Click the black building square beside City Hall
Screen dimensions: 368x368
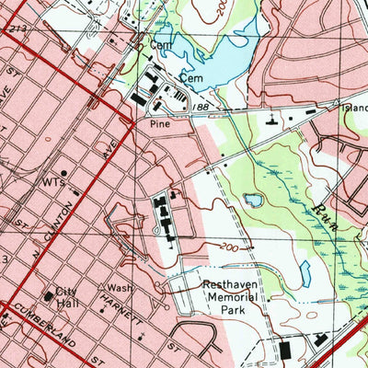point(50,296)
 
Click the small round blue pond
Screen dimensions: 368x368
point(251,200)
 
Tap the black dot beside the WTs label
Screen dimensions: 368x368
point(63,172)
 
